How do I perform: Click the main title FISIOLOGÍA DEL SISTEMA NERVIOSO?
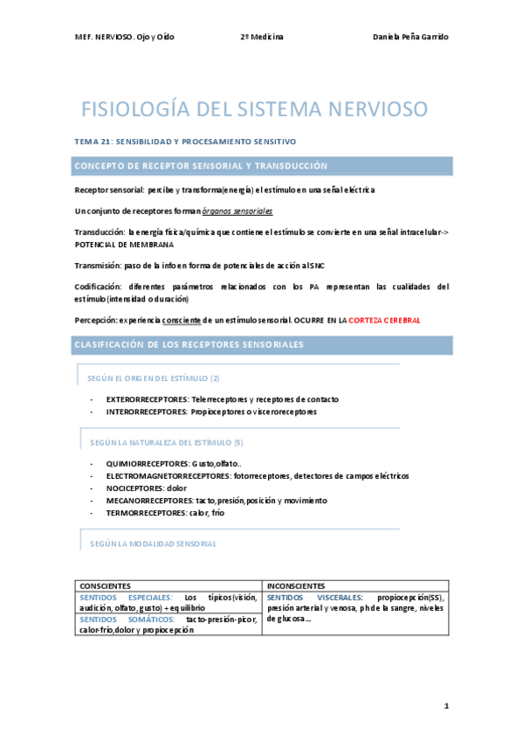(x=255, y=110)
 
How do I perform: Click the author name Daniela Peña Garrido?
(x=410, y=36)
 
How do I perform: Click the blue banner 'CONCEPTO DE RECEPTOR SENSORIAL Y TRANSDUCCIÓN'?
(x=262, y=166)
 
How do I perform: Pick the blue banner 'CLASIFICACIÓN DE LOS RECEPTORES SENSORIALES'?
(x=262, y=345)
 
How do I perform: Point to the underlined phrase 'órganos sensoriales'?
(x=237, y=211)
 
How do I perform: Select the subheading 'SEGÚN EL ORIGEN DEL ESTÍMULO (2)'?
(x=154, y=377)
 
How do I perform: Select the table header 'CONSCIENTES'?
(x=106, y=585)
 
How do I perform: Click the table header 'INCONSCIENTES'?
(x=297, y=585)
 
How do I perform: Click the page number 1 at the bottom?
(x=445, y=705)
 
